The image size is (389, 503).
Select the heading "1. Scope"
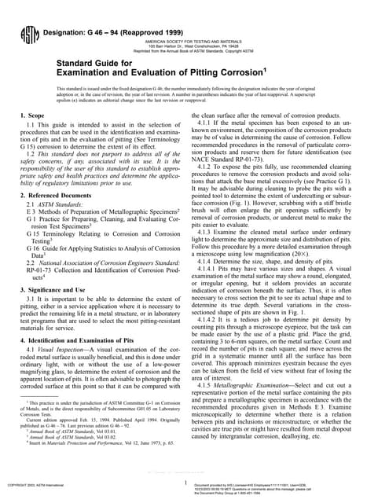click(34, 116)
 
